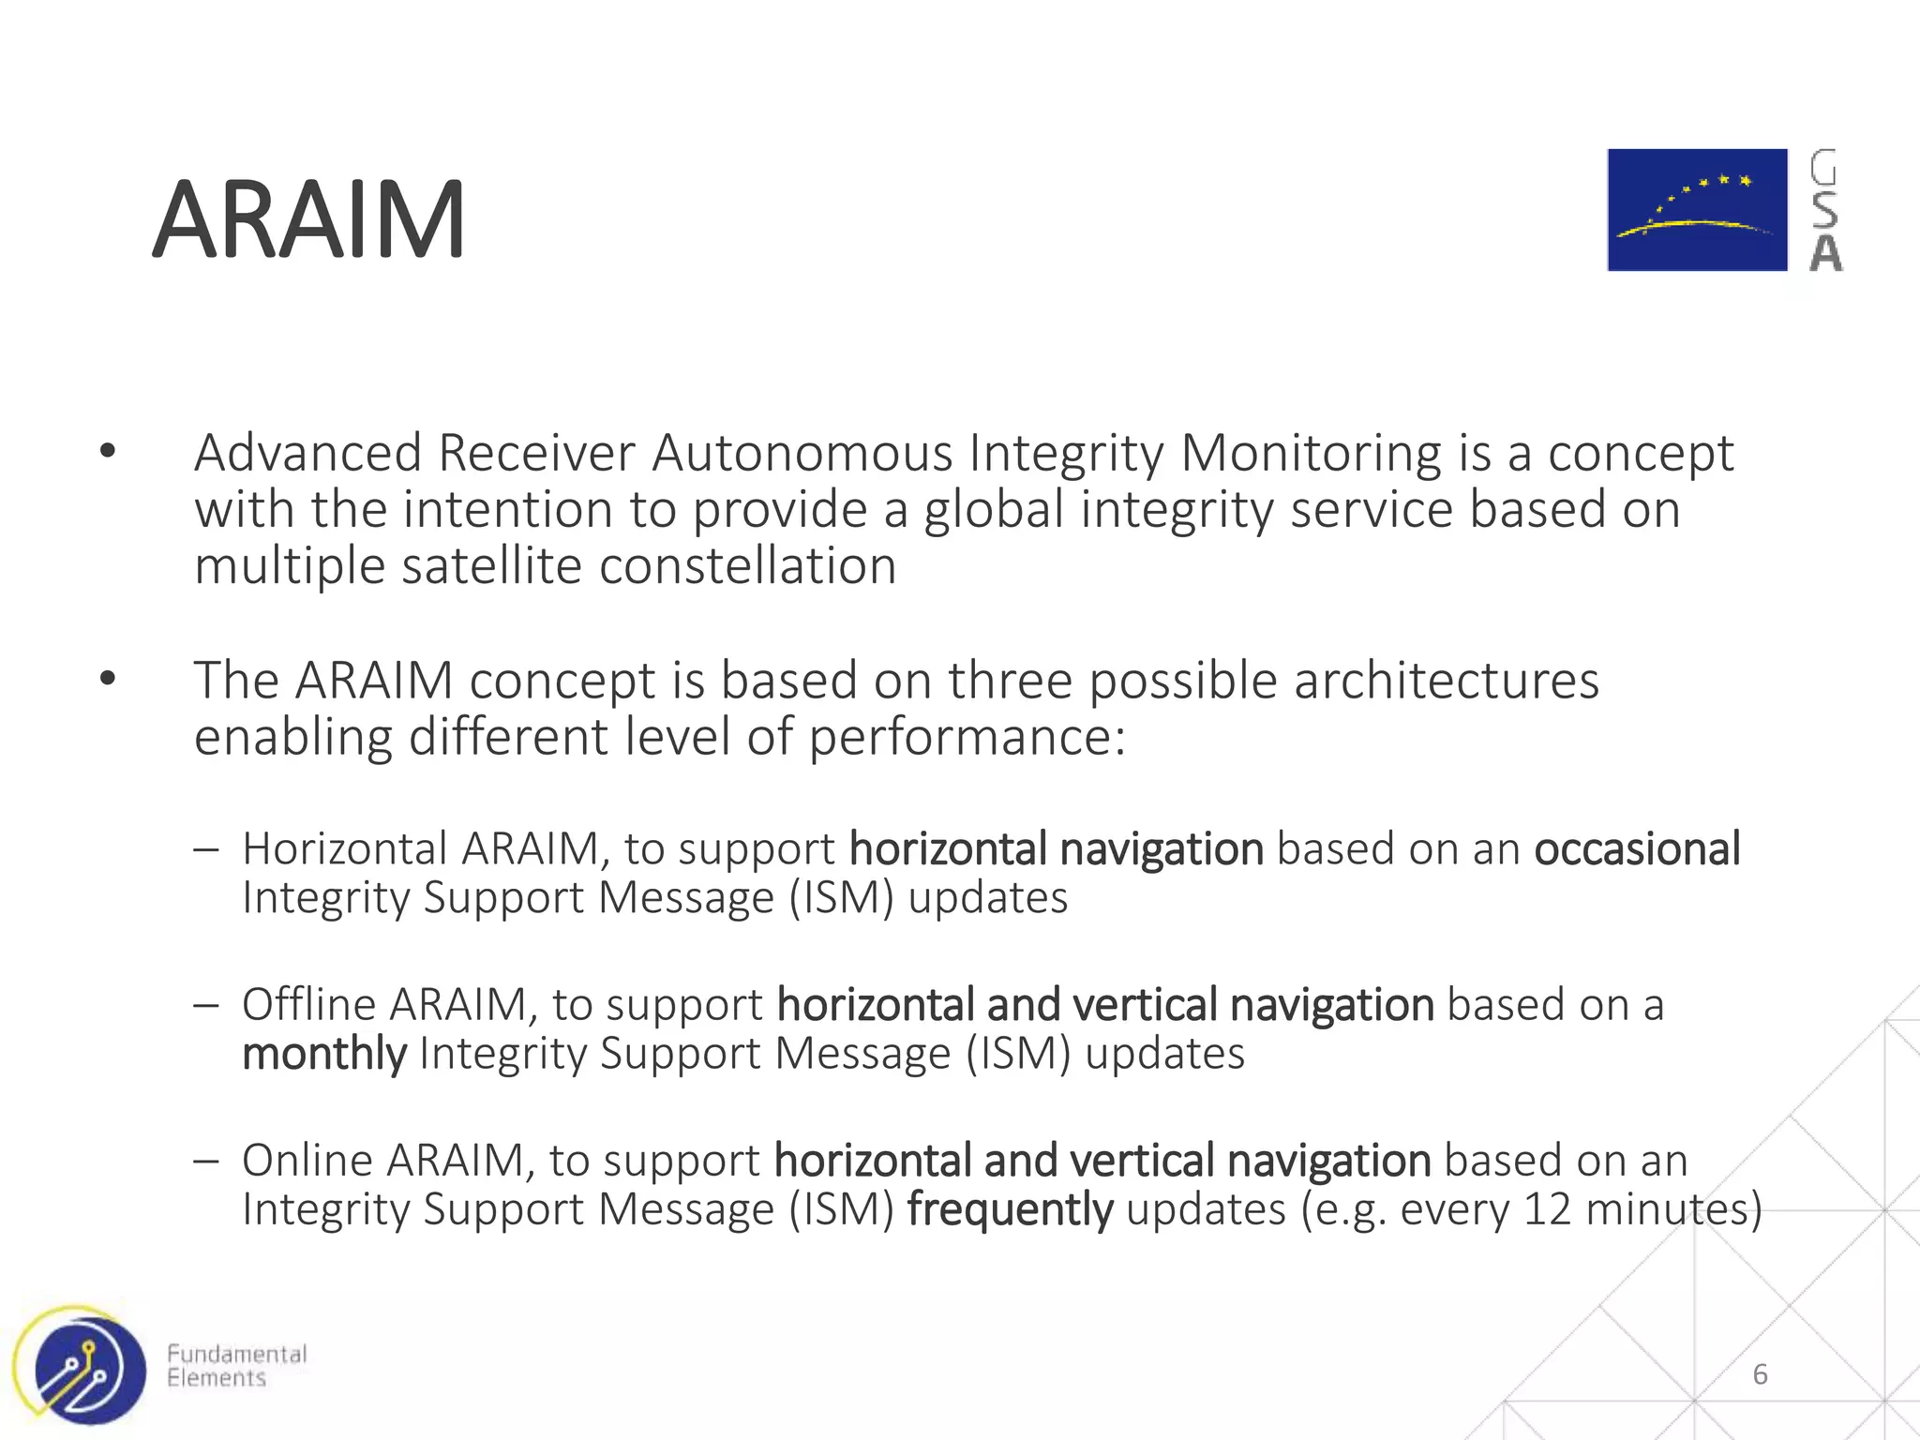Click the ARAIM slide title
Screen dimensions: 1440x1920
click(x=308, y=221)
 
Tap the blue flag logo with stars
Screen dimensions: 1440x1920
click(x=1697, y=210)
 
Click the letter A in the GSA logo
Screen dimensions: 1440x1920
click(x=1825, y=253)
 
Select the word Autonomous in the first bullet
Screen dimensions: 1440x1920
click(x=802, y=454)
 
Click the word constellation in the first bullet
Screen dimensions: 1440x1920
click(x=747, y=567)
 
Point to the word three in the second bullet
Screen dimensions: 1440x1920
click(x=1010, y=681)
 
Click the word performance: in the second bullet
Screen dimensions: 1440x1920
click(x=967, y=738)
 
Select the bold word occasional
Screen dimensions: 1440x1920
click(x=1637, y=849)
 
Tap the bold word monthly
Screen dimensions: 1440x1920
click(x=323, y=1054)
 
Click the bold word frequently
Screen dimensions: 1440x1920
click(x=1010, y=1209)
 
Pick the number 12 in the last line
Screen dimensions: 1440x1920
click(x=1547, y=1209)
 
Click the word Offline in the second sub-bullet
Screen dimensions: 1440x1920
click(x=308, y=1005)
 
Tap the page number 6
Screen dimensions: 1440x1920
click(x=1760, y=1374)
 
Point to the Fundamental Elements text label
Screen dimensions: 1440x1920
click(x=236, y=1366)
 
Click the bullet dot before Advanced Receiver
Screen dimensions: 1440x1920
click(x=108, y=452)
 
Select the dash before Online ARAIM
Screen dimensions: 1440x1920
click(x=205, y=1161)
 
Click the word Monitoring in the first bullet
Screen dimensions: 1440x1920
click(x=1311, y=454)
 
